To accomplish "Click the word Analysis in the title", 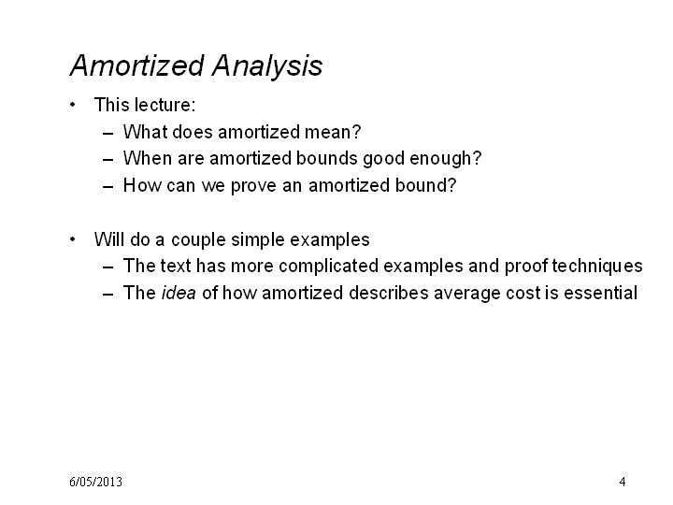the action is click(x=267, y=66).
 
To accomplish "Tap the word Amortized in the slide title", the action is click(x=136, y=65).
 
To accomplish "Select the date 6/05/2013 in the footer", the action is click(x=95, y=482).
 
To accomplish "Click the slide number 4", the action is click(x=623, y=482).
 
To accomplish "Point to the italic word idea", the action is click(x=179, y=293).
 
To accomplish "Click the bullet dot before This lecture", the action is click(x=73, y=105).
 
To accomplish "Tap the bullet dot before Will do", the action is click(x=73, y=239).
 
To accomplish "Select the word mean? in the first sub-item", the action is click(x=333, y=132).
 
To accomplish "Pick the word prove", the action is click(x=253, y=186).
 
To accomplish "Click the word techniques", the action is click(x=597, y=266).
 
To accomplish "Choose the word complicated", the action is click(x=328, y=266).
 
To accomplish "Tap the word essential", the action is click(x=600, y=293).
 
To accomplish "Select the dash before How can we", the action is click(x=108, y=187).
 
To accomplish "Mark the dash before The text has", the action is click(x=108, y=267).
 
